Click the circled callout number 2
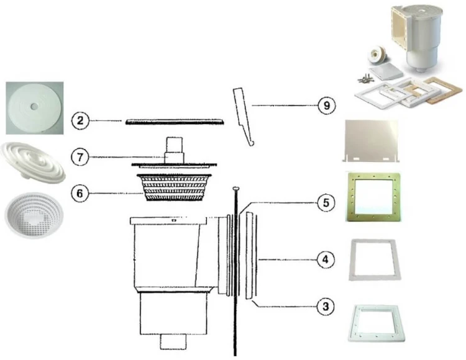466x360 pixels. click(80, 120)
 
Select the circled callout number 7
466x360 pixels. click(80, 157)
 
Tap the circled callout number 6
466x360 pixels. click(80, 194)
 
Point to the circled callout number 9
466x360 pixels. click(327, 106)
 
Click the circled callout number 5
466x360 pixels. click(326, 203)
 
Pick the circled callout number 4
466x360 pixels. click(326, 259)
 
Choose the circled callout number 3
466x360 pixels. click(326, 306)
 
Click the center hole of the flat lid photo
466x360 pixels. click(34, 106)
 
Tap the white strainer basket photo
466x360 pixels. click(34, 215)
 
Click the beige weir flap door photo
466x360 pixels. click(372, 141)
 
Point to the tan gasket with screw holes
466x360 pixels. click(373, 197)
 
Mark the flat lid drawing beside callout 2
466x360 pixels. click(175, 122)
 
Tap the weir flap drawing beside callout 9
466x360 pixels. click(243, 117)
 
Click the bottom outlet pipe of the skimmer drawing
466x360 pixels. click(173, 341)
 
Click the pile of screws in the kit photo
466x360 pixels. click(365, 78)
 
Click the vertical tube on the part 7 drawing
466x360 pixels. click(174, 150)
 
